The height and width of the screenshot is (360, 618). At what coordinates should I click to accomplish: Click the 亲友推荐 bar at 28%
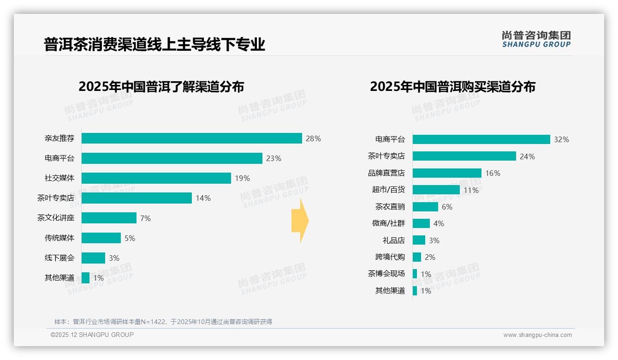click(191, 138)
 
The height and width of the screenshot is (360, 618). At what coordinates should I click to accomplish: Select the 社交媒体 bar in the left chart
click(156, 178)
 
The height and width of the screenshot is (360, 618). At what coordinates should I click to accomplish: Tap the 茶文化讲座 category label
click(56, 218)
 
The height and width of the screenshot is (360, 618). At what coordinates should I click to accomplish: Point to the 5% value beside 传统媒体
click(130, 238)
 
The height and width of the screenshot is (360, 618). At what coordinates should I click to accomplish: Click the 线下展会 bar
click(94, 258)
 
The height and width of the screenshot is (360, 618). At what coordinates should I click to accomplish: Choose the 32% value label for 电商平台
click(561, 139)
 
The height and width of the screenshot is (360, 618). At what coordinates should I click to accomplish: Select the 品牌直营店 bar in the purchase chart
click(447, 173)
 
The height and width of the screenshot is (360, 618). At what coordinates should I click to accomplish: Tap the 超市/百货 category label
click(388, 190)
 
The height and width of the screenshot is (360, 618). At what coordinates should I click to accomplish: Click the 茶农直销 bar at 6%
click(425, 207)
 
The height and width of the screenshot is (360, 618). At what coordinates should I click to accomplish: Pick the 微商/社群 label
click(388, 223)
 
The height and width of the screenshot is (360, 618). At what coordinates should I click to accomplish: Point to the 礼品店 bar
click(419, 240)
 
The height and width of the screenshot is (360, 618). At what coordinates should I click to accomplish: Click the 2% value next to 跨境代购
click(430, 257)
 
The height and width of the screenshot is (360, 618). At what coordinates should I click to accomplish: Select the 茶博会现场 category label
click(386, 274)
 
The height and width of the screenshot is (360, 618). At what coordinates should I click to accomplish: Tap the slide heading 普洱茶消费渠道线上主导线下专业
click(154, 44)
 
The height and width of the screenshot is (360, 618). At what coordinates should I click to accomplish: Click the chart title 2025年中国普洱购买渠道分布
click(452, 87)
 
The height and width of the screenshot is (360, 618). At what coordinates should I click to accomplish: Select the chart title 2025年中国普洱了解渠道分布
click(161, 87)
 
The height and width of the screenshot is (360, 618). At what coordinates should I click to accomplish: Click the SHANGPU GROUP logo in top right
click(536, 39)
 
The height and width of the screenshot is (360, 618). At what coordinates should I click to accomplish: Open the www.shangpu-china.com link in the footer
click(537, 335)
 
